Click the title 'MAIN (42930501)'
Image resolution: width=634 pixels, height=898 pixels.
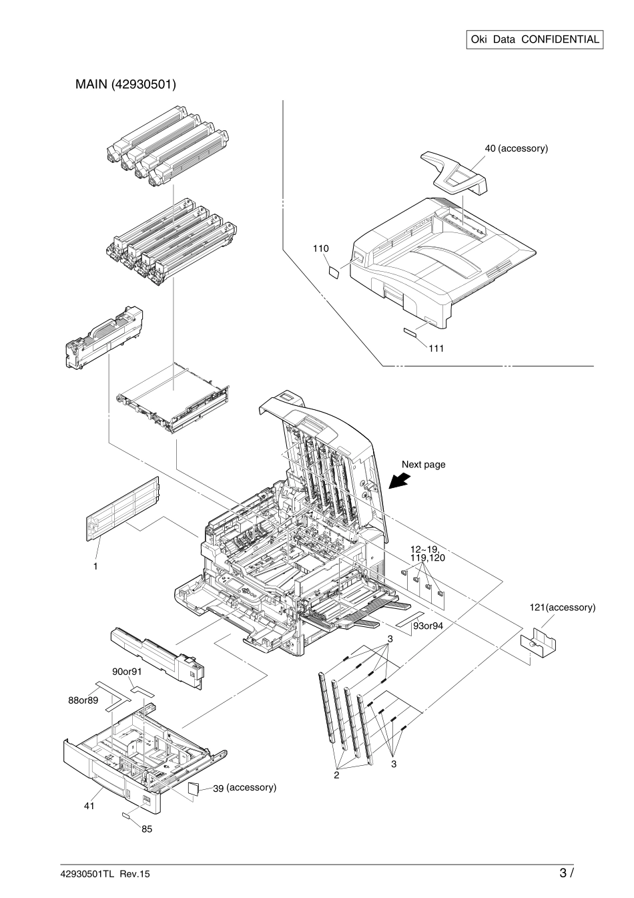pyautogui.click(x=125, y=85)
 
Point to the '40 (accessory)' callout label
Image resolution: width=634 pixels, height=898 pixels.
pyautogui.click(x=516, y=148)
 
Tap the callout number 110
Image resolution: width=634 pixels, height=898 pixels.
pyautogui.click(x=320, y=248)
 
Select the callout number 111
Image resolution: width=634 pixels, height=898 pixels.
pyautogui.click(x=436, y=348)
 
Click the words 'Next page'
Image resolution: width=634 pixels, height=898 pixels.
pyautogui.click(x=423, y=464)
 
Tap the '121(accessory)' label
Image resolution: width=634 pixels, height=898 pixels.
pyautogui.click(x=562, y=608)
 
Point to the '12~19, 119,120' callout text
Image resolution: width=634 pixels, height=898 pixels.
pyautogui.click(x=427, y=552)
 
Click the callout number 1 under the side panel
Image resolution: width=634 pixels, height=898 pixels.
pyautogui.click(x=96, y=565)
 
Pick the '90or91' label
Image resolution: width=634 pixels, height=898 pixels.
pyautogui.click(x=127, y=671)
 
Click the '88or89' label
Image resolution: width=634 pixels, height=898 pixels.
pyautogui.click(x=83, y=700)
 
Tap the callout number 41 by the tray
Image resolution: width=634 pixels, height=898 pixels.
pyautogui.click(x=89, y=806)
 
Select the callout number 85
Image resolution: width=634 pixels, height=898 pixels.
pyautogui.click(x=146, y=830)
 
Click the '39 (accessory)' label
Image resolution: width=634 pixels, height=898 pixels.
pyautogui.click(x=244, y=788)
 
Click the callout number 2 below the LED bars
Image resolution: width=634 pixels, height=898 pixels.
pyautogui.click(x=337, y=775)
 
